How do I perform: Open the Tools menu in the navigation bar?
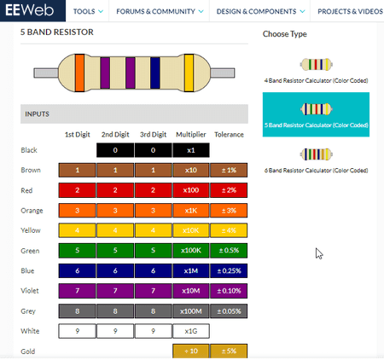88,11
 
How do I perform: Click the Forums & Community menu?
160,11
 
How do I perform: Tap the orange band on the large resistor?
79,73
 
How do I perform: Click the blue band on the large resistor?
155,73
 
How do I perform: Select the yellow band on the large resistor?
189,73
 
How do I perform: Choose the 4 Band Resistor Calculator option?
316,71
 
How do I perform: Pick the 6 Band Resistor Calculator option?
316,160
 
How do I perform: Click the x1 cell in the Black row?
191,150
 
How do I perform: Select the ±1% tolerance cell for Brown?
229,170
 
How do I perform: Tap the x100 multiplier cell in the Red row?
191,190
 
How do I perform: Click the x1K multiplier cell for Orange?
191,211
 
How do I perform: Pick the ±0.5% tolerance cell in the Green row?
229,251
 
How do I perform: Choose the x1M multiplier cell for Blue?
191,270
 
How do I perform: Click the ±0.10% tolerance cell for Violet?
229,291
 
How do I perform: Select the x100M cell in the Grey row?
191,311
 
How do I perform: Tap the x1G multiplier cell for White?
191,331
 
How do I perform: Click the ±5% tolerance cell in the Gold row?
229,351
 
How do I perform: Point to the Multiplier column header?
191,135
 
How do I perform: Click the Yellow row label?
31,230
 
